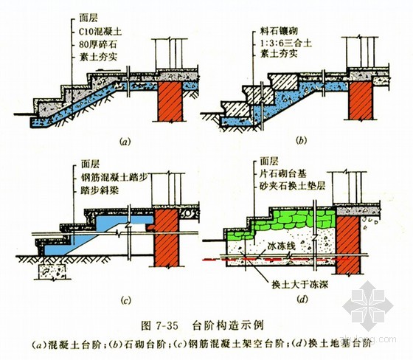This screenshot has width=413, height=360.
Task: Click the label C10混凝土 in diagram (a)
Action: pos(100,32)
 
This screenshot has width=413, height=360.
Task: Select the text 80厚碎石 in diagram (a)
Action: pos(97,45)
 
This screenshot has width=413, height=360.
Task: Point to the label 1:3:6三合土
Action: pos(286,43)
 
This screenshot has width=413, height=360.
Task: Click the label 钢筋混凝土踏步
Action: pos(114,177)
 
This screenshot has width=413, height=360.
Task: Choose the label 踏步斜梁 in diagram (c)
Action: pos(100,190)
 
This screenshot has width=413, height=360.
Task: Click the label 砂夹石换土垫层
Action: pos(293,186)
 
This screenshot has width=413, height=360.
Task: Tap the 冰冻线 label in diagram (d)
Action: pos(281,246)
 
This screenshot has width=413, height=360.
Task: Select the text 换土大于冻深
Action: pos(299,285)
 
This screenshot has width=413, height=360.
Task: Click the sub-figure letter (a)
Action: pos(125,142)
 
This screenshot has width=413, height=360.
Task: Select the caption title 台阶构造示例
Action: pos(228,325)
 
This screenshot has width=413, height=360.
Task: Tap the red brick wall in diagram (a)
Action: pos(170,101)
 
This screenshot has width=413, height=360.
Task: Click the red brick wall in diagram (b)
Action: pos(361,100)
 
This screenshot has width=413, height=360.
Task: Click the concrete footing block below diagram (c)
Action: pos(52,271)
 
